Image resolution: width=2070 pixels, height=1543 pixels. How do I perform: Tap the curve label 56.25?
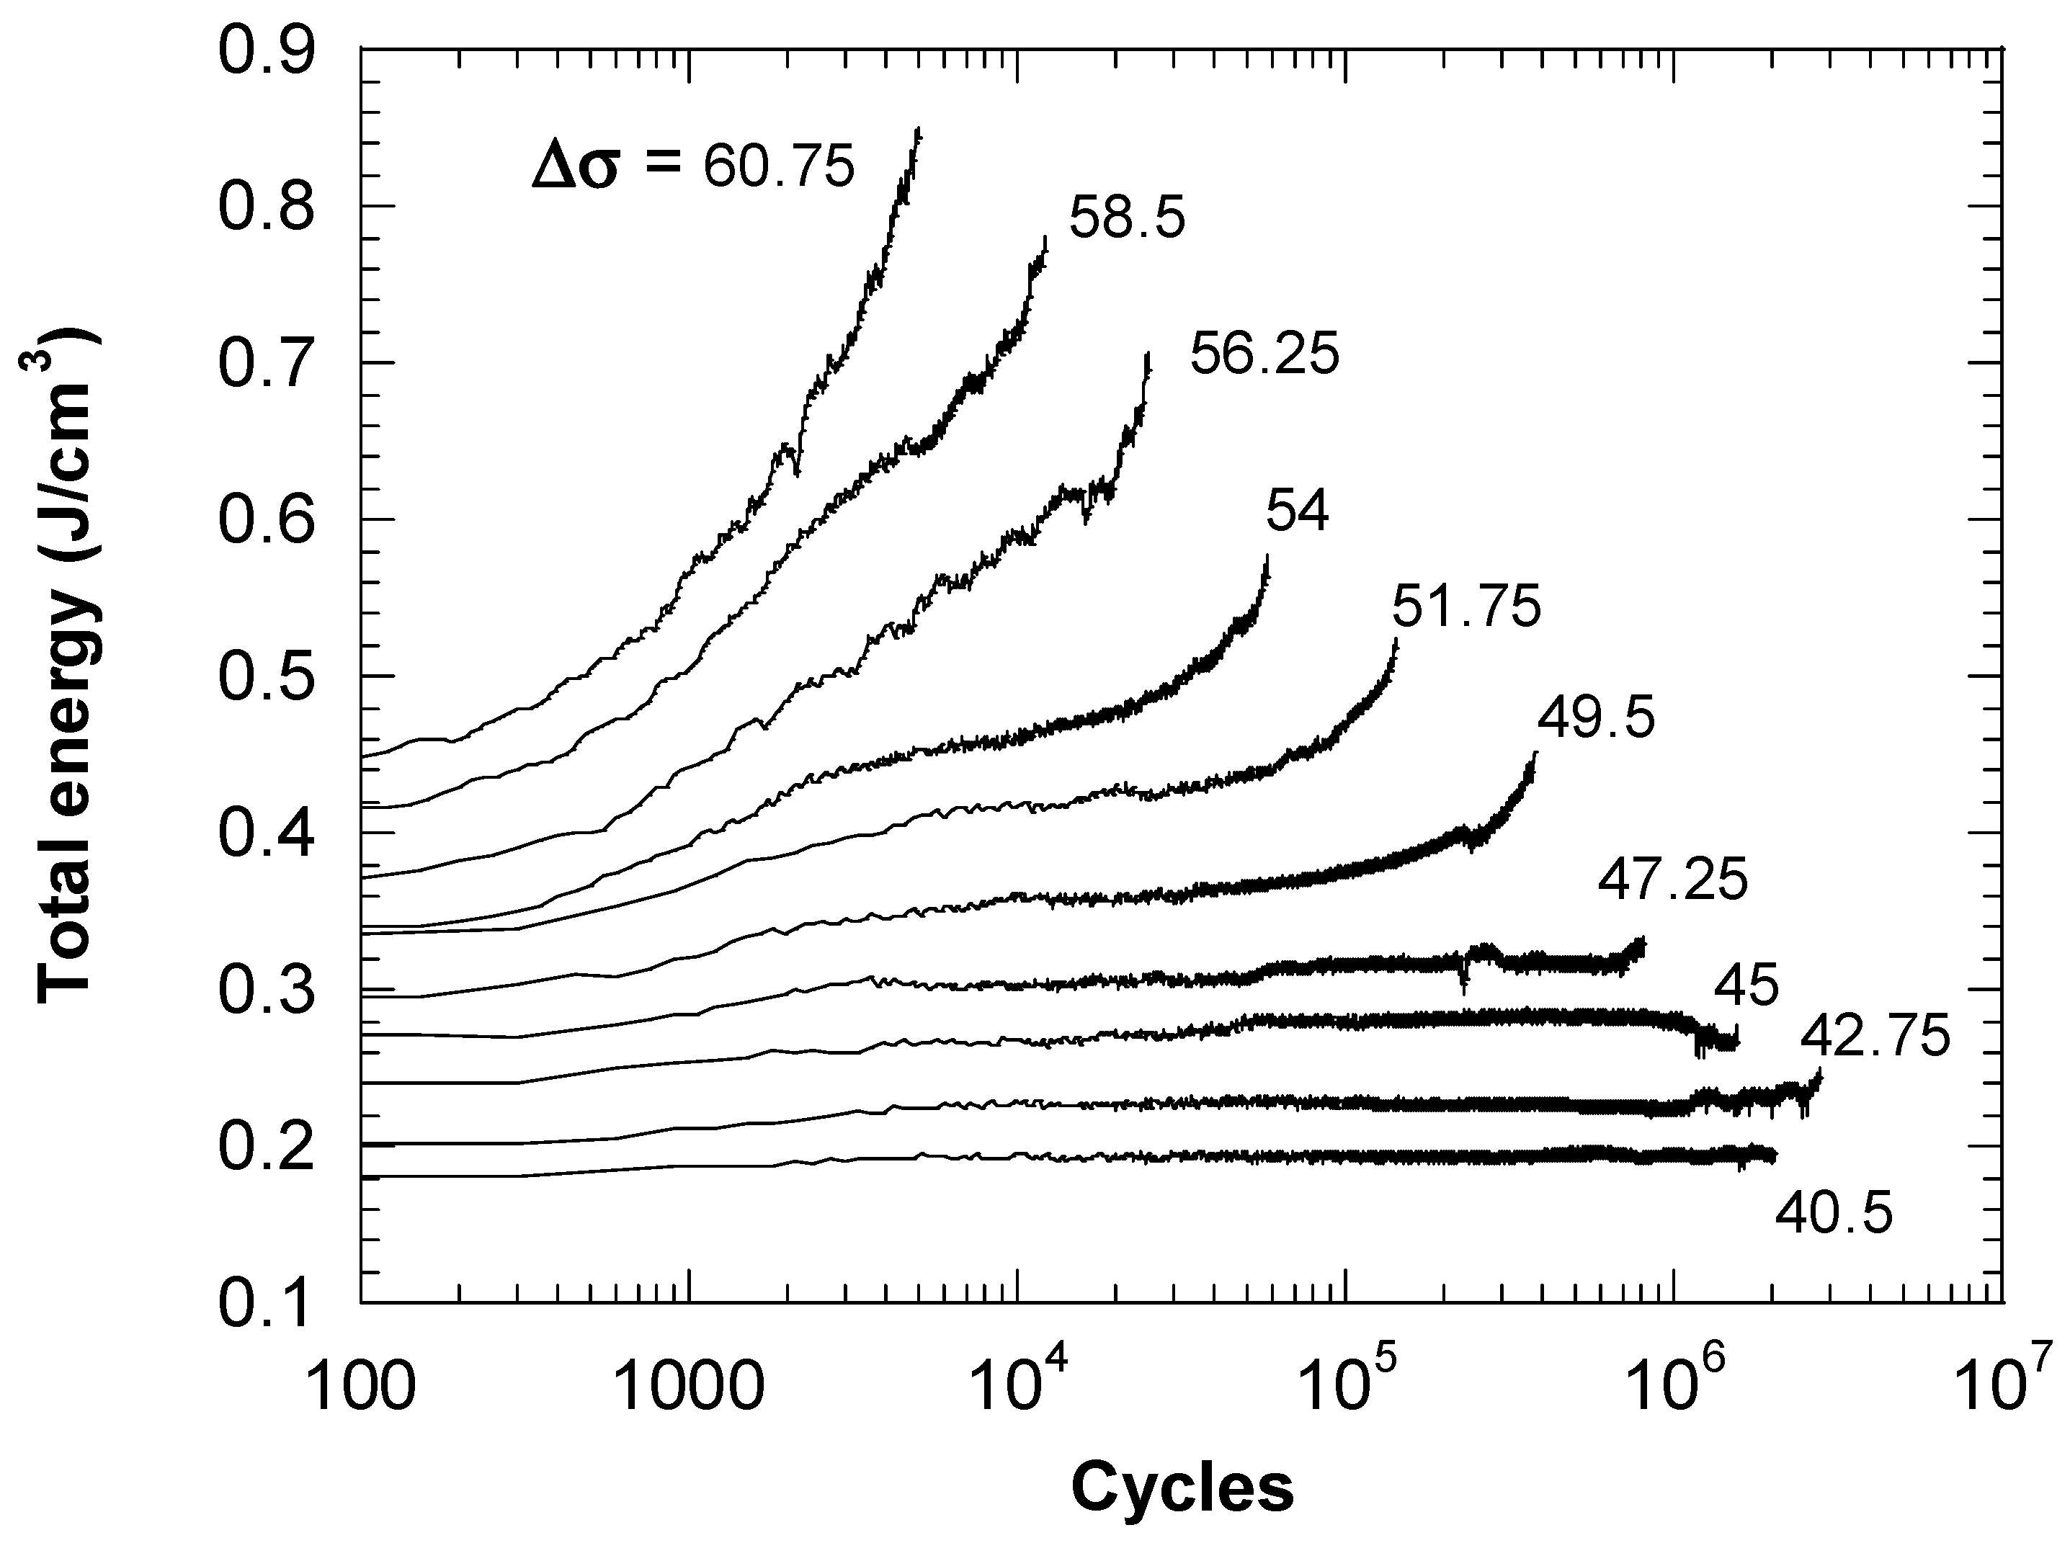point(1264,355)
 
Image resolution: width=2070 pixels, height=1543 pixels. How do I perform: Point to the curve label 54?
point(1297,512)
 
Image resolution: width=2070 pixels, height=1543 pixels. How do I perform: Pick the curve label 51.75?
point(1465,607)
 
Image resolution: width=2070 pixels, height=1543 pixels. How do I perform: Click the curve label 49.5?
point(1595,718)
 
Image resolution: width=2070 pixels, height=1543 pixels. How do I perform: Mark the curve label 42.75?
point(1875,1037)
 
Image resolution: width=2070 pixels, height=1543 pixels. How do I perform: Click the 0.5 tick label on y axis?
point(265,676)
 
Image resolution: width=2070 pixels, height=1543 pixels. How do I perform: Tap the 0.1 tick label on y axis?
point(265,1304)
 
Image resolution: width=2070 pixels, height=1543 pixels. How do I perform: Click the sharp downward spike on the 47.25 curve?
point(1463,990)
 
